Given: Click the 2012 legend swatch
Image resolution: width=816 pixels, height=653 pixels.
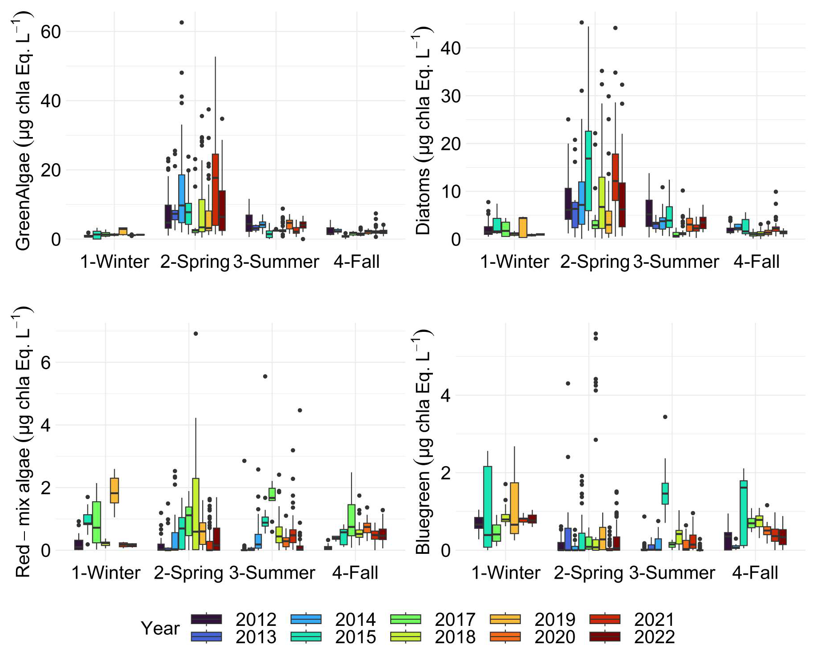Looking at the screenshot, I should [x=206, y=619].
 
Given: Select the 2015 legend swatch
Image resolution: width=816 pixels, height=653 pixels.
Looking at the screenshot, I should [x=306, y=637].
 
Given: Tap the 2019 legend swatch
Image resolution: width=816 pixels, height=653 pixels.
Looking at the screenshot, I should [x=505, y=619].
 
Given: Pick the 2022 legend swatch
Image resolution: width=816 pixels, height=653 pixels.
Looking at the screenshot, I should [x=605, y=637].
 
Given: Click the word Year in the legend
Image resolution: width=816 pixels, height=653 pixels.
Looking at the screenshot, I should [x=160, y=628].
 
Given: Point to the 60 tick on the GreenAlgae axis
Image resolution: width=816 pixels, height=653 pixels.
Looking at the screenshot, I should [x=50, y=32].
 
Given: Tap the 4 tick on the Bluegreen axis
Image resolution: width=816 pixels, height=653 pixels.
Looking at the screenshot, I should [x=445, y=395].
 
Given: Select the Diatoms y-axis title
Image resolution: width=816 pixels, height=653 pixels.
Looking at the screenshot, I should [x=423, y=131].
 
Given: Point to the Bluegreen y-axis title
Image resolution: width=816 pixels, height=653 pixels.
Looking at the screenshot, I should [x=423, y=443].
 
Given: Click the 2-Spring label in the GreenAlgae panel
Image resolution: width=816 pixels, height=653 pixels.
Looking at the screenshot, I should [x=195, y=262].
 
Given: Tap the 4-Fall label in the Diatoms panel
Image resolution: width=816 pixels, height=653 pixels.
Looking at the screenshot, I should [x=756, y=262].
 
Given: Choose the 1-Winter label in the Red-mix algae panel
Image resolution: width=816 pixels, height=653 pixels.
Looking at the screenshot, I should [x=106, y=572].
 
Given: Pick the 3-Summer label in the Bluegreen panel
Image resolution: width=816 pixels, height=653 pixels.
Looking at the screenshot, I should [x=672, y=572].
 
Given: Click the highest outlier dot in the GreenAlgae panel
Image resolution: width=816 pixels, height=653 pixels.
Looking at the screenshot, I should [x=181, y=22].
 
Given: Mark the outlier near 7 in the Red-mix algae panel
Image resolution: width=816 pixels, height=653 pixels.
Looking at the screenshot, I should [x=196, y=334].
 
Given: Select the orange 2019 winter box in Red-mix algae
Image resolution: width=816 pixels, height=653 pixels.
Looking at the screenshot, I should [x=114, y=491].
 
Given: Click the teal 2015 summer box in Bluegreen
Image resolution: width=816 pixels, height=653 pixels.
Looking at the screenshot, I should [x=665, y=493].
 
